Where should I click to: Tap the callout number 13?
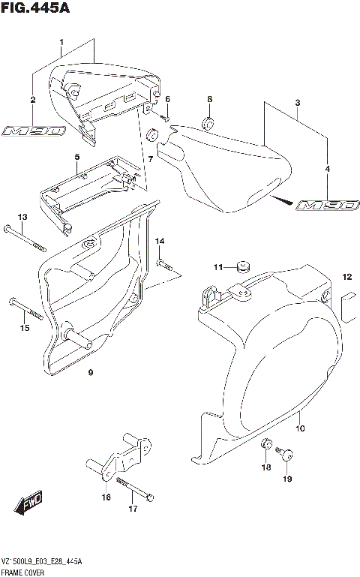tap(22, 217)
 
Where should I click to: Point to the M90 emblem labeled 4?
tap(327, 205)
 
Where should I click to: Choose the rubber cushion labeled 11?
tap(241, 266)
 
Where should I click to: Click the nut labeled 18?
tap(265, 447)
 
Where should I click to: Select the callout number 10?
tap(301, 428)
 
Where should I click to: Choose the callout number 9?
tap(90, 373)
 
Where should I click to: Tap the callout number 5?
tap(76, 156)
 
